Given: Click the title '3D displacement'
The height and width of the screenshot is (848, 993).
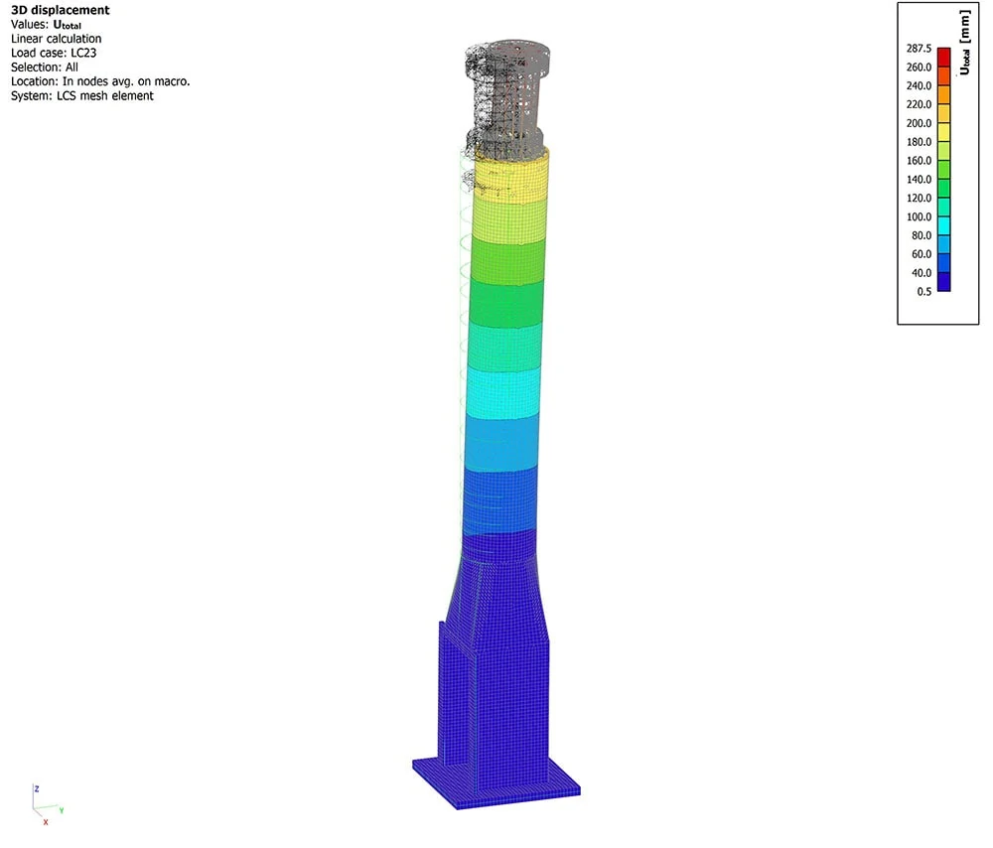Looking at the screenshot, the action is click(x=61, y=10).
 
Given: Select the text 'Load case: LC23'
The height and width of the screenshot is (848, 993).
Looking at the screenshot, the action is click(x=54, y=54).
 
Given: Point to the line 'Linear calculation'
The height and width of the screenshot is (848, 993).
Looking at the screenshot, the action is click(x=56, y=39).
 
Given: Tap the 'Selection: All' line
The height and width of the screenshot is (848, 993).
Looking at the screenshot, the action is click(x=45, y=68).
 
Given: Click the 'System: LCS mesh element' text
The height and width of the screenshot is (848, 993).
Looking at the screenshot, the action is click(x=82, y=95).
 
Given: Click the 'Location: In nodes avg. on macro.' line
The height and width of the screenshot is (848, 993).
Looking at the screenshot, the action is click(x=100, y=81).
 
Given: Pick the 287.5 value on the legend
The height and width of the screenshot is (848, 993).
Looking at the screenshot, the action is click(x=919, y=48).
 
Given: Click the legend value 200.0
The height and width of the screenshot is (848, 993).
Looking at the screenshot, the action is click(x=919, y=123).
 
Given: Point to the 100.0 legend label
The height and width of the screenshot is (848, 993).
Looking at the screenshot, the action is click(x=919, y=216).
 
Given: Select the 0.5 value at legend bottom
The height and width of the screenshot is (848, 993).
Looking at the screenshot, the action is click(x=923, y=291).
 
